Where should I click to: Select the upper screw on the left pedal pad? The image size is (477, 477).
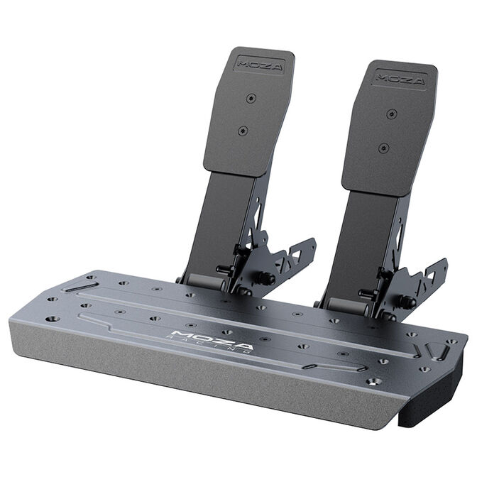click(x=251, y=98)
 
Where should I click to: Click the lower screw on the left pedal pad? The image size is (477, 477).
click(x=243, y=131)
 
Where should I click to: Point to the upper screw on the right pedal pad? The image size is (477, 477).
click(x=390, y=114)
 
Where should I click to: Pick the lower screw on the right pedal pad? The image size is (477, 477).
click(x=384, y=148)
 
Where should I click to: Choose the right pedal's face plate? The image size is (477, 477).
click(x=389, y=128)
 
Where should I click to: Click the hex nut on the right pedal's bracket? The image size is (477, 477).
click(x=407, y=302)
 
